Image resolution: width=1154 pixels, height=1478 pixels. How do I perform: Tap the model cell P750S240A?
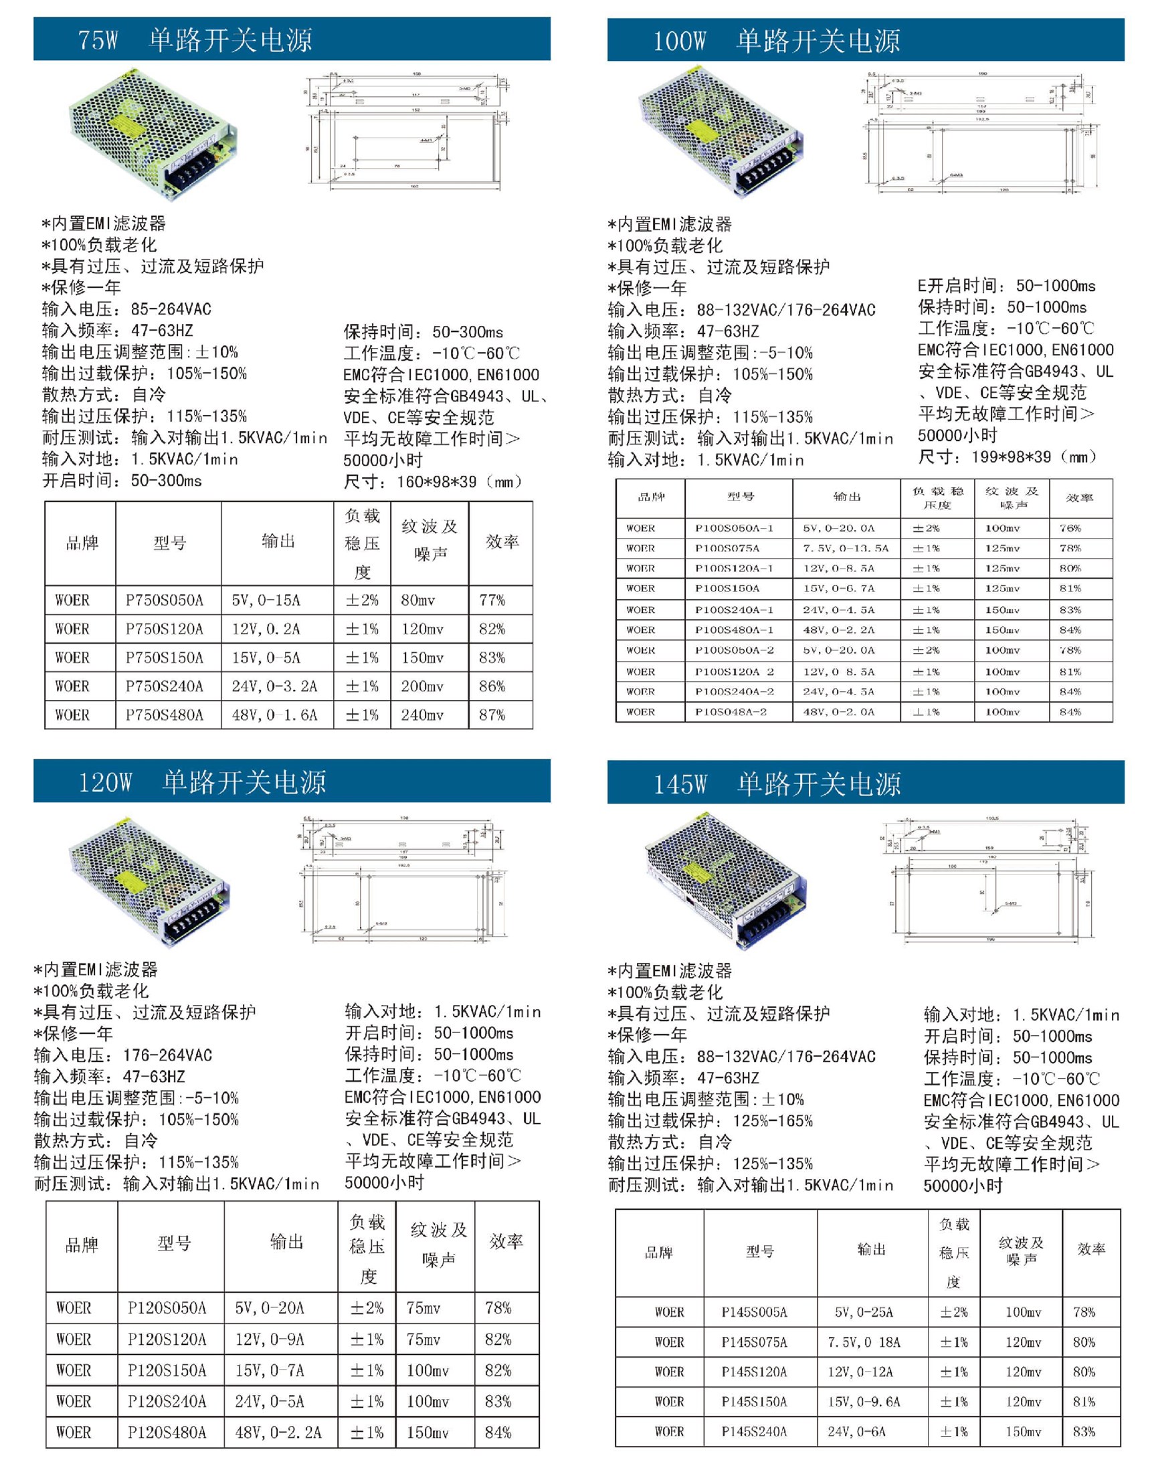(165, 686)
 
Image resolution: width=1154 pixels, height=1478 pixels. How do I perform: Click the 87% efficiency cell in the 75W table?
(492, 715)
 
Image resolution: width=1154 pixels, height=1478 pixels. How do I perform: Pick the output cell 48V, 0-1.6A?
(274, 715)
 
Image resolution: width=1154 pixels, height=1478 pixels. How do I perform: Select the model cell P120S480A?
(167, 1433)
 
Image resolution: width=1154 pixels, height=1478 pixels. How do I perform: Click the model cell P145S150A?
(754, 1402)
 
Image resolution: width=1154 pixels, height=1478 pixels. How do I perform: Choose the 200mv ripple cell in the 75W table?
(422, 686)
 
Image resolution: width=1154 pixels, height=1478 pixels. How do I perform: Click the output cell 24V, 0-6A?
(856, 1432)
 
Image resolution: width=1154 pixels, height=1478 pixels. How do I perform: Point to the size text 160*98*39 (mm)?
(434, 482)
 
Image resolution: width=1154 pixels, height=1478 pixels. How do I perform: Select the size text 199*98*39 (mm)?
(1007, 457)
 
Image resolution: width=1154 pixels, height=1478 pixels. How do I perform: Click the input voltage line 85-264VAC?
(126, 309)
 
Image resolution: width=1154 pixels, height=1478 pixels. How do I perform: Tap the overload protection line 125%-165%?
(710, 1121)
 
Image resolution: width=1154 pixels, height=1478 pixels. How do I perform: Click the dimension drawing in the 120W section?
(403, 881)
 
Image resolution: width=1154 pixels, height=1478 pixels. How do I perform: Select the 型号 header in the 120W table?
(175, 1243)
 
